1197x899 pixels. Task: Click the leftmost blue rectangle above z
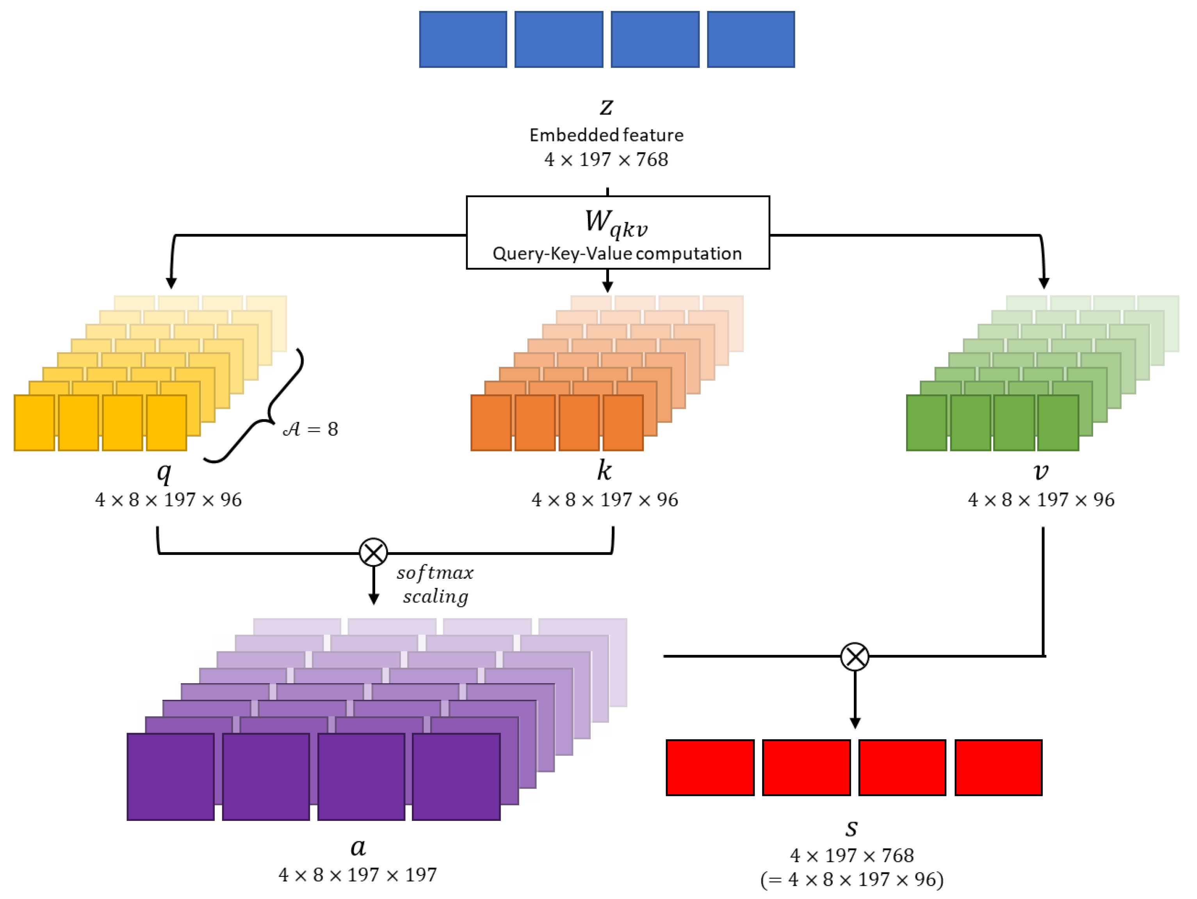click(x=463, y=39)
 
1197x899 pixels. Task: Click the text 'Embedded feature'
click(x=606, y=135)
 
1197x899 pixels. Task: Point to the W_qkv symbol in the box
click(x=616, y=223)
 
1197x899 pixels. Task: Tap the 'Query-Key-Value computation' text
click(x=617, y=253)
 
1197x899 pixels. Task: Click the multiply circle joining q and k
click(x=373, y=553)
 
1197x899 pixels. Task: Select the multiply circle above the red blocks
click(x=855, y=656)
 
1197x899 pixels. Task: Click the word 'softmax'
click(x=435, y=573)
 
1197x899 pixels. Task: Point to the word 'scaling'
click(x=435, y=596)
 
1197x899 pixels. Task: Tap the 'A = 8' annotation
click(x=311, y=429)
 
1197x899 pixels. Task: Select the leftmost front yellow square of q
click(x=34, y=422)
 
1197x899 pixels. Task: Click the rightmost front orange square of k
click(x=623, y=422)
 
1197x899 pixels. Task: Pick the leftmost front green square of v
click(x=926, y=422)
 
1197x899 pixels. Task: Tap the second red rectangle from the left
click(x=806, y=767)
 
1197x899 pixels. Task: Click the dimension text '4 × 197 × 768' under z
click(x=606, y=160)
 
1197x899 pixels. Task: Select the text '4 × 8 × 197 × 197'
click(x=357, y=875)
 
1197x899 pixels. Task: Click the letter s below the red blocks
click(x=851, y=828)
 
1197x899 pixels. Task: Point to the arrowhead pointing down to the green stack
click(x=1044, y=283)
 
